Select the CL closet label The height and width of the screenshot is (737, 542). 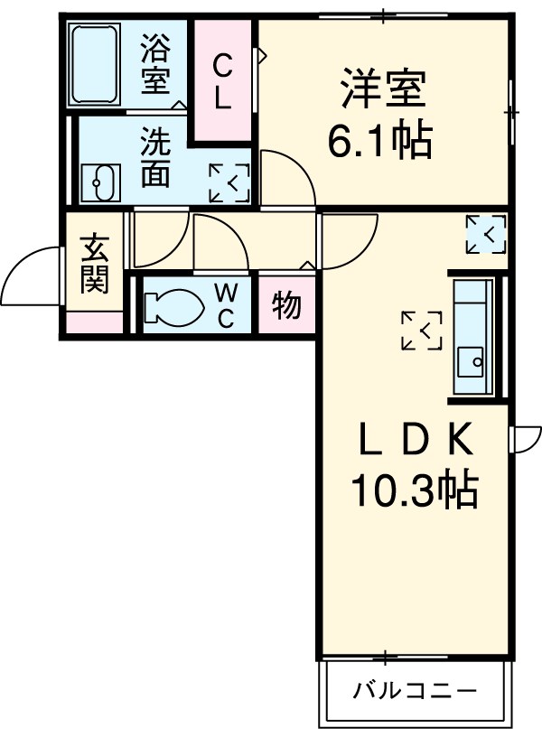tap(222, 81)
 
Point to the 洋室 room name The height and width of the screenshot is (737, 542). tap(382, 91)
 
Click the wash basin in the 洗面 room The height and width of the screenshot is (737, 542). tap(99, 183)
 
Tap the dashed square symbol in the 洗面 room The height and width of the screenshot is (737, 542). tap(229, 183)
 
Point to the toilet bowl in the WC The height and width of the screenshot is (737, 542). tap(175, 306)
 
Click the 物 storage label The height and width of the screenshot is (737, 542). tap(286, 306)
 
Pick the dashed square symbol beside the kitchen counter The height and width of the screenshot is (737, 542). tap(422, 330)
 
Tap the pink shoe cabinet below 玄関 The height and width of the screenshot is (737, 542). tap(94, 321)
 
